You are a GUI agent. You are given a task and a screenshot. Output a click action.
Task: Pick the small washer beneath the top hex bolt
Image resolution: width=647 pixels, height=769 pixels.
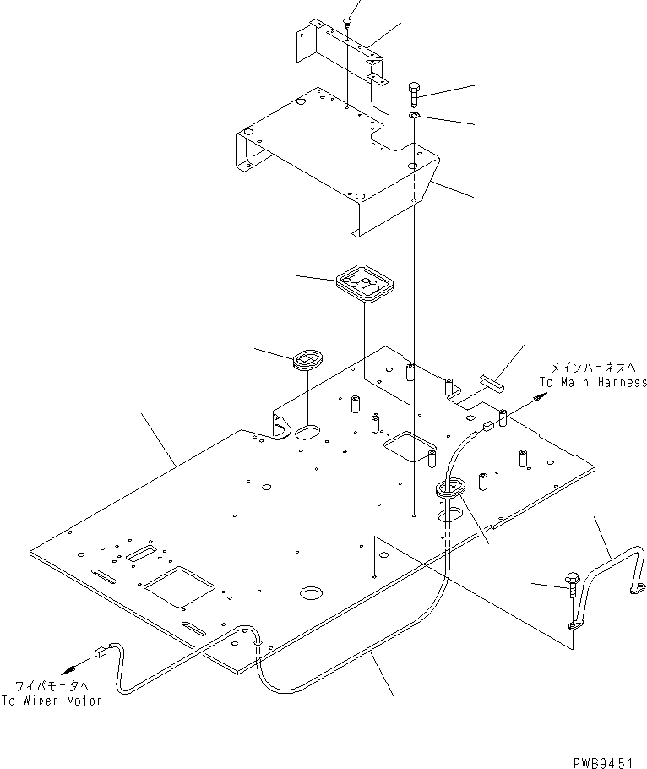click(x=415, y=116)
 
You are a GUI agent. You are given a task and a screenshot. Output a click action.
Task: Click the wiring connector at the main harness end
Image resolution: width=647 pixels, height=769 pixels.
click(x=488, y=426)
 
